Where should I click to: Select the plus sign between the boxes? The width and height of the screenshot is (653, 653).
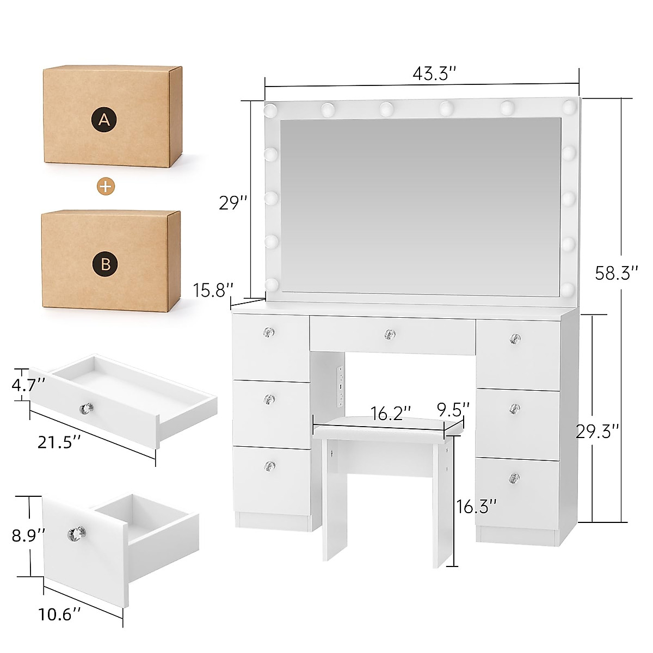(106, 187)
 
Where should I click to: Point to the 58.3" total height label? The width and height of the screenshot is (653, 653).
(616, 273)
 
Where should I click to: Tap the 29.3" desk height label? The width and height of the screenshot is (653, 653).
(597, 432)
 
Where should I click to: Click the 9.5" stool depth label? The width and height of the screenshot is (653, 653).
(453, 409)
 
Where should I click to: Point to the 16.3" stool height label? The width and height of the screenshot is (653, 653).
(476, 507)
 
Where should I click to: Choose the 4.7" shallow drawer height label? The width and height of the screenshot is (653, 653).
(27, 385)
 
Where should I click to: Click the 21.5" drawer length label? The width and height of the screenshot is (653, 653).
(60, 442)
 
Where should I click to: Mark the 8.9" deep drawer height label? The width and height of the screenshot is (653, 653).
(28, 535)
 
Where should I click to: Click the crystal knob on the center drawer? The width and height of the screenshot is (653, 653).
(389, 334)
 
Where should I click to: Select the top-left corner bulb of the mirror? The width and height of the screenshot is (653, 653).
(270, 111)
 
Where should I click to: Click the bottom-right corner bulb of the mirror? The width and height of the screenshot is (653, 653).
(569, 288)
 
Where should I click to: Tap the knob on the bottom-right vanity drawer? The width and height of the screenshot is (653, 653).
(514, 478)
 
